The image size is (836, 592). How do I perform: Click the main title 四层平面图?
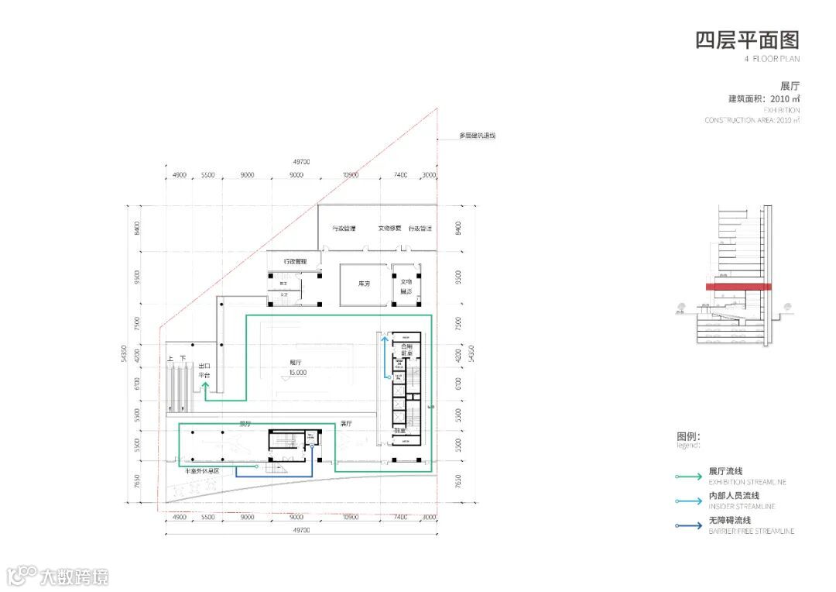tap(746, 40)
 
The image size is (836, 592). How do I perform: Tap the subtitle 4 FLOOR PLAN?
tap(771, 59)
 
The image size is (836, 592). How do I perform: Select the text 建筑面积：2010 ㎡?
tap(763, 98)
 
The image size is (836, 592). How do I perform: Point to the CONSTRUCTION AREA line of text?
tap(752, 120)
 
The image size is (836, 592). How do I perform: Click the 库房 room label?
tap(364, 284)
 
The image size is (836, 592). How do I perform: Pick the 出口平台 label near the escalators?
tap(205, 370)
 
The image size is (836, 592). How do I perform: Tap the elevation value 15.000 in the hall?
tap(297, 372)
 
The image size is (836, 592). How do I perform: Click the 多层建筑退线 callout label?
tap(477, 136)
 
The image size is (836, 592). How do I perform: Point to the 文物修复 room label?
tap(389, 229)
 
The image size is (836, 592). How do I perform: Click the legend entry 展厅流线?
tap(725, 471)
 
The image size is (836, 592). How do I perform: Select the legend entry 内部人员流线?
tap(733, 496)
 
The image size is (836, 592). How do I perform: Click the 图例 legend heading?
tap(688, 436)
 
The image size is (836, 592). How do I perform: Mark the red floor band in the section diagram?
tap(738, 287)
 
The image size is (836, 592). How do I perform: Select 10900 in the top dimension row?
tap(350, 176)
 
